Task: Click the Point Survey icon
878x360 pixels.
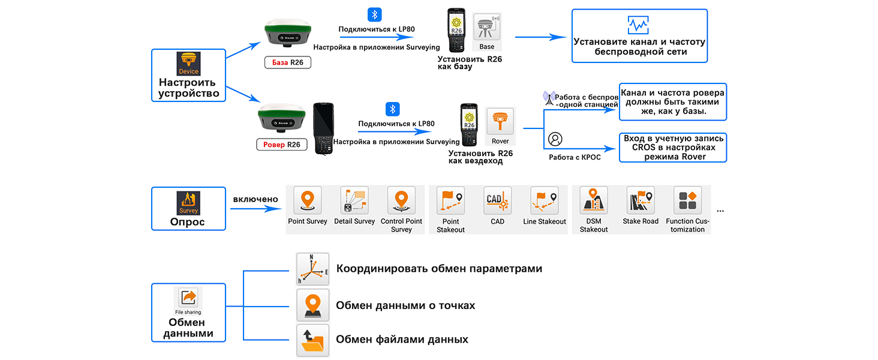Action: point(307,200)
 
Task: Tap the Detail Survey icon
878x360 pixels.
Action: point(354,200)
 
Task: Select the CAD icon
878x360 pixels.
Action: point(497,200)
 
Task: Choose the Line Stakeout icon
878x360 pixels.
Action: point(545,200)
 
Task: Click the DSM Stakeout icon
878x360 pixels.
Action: point(594,200)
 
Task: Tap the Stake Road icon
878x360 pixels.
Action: point(641,200)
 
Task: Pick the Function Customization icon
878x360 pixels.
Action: point(687,200)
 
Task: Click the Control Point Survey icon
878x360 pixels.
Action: point(401,200)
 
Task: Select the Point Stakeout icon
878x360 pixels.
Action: point(451,200)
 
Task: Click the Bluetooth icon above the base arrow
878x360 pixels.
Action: point(375,15)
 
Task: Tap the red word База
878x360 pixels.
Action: point(280,62)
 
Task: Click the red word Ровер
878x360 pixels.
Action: point(274,145)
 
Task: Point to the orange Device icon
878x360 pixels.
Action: point(188,64)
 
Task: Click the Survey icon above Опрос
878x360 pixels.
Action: point(188,203)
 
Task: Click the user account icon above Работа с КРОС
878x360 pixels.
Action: point(555,139)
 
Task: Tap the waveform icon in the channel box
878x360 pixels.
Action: point(638,25)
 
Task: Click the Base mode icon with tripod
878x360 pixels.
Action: point(487,26)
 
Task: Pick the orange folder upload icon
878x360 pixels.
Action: point(313,340)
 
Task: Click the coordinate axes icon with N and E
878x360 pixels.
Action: point(313,269)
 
